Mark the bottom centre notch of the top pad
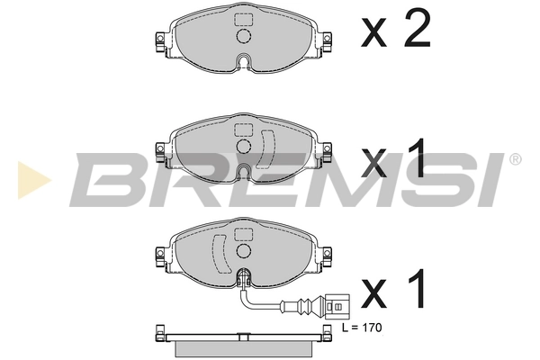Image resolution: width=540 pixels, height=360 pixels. tap(244, 64)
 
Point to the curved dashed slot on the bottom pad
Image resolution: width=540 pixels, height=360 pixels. tap(217, 256)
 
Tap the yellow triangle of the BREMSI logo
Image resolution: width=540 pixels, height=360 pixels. tap(28, 179)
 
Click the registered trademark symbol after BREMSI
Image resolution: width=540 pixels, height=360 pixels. tap(515, 159)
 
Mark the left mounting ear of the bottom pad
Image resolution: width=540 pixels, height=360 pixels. tap(158, 259)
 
